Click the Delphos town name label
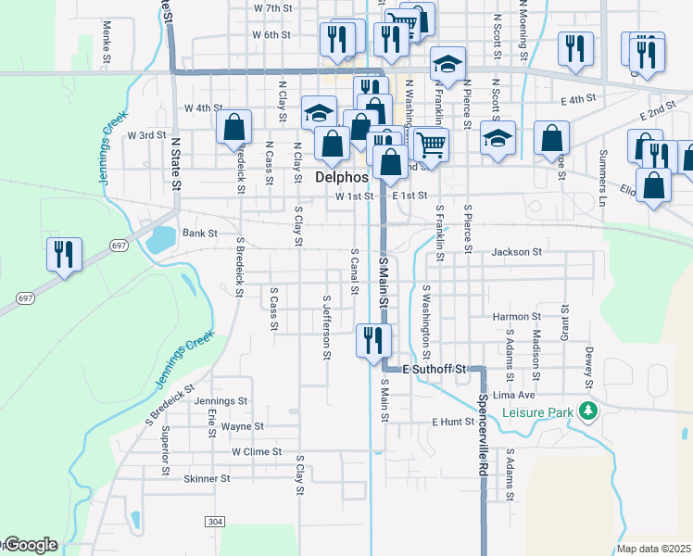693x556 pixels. (342, 177)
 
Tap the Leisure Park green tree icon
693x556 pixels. (586, 410)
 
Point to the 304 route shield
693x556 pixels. (215, 523)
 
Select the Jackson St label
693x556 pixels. (516, 252)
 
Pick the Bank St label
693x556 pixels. (199, 234)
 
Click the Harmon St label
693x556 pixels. (510, 317)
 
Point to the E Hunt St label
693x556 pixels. (453, 422)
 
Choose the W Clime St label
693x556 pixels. (256, 452)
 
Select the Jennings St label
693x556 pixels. (221, 402)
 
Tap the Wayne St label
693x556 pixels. (243, 427)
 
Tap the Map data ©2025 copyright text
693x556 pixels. (654, 549)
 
